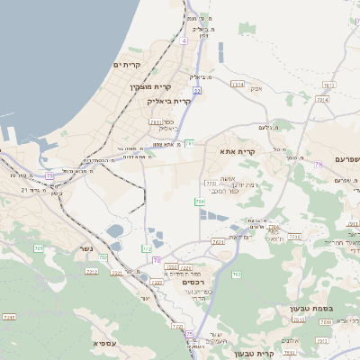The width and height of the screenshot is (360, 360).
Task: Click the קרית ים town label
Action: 129,66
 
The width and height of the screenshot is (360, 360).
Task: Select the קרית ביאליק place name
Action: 169,101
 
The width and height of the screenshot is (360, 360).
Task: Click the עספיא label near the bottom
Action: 104,343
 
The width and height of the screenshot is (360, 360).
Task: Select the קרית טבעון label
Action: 253,354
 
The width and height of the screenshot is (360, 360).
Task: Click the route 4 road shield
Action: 184,40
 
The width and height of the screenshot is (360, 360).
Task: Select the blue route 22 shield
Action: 196,91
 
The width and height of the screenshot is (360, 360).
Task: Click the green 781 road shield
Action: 190,143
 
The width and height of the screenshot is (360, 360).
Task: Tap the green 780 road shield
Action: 199,202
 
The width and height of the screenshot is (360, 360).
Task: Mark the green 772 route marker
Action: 148,248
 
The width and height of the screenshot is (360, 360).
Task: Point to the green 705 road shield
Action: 38,247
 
